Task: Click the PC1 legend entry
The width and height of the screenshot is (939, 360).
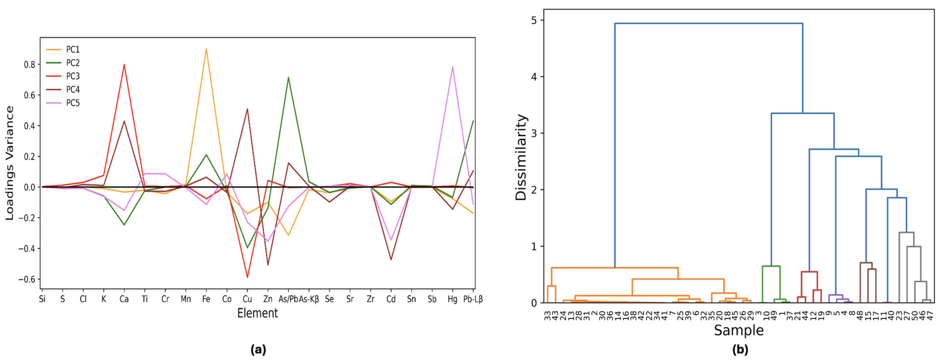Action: click(72, 50)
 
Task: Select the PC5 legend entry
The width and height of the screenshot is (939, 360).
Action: click(72, 103)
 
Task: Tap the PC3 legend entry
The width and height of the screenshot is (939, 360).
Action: click(72, 76)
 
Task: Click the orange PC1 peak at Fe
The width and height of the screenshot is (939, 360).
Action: click(206, 49)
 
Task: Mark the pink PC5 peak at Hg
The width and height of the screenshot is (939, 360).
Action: click(452, 67)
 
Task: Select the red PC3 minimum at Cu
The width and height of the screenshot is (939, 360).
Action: click(247, 277)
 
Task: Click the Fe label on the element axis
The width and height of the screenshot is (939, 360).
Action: click(206, 299)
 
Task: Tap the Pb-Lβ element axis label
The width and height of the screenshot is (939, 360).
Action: click(473, 299)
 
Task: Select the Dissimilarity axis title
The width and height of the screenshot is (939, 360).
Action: click(521, 157)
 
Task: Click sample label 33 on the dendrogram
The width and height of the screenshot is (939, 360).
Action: click(548, 315)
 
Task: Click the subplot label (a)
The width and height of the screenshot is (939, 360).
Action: click(258, 350)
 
